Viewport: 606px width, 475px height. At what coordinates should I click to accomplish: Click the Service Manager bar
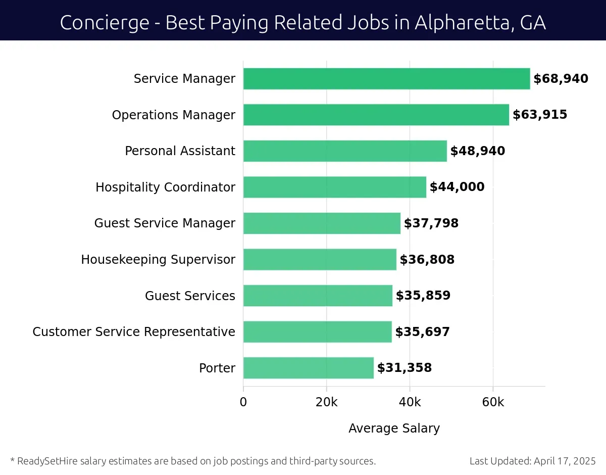[x=386, y=79]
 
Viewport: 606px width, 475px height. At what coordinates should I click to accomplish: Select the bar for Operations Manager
[x=376, y=115]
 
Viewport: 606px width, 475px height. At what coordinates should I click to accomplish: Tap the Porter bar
[x=308, y=368]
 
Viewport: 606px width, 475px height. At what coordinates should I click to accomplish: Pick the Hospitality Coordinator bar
[x=334, y=187]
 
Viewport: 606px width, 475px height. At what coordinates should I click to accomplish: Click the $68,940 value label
[x=561, y=79]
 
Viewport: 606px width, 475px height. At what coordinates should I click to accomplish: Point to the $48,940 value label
[x=477, y=151]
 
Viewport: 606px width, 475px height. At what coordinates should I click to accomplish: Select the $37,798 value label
[x=431, y=223]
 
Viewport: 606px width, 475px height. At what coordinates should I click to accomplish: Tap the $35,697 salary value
[x=422, y=332]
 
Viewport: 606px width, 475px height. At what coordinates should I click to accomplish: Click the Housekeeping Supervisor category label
[x=158, y=260]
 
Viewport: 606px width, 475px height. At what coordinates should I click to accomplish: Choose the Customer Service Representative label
[x=134, y=332]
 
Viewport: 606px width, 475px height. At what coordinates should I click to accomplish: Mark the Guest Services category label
[x=190, y=296]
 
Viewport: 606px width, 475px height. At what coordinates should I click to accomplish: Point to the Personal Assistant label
[x=180, y=151]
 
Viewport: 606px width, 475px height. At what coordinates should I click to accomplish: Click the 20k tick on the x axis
[x=326, y=402]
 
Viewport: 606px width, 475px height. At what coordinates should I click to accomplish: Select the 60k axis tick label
[x=493, y=402]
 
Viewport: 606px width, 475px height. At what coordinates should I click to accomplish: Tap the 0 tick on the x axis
[x=243, y=402]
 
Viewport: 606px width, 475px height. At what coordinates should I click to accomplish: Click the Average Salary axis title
[x=394, y=429]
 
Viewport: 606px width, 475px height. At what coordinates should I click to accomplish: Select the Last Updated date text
[x=532, y=461]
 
